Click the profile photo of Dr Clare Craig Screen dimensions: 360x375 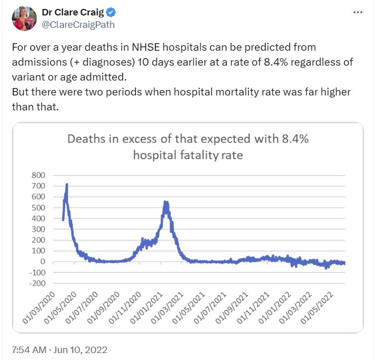[x=24, y=19]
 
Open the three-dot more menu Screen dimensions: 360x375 [x=357, y=13]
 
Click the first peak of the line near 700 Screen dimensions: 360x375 [x=67, y=185]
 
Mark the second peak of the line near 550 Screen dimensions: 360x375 [x=166, y=203]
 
